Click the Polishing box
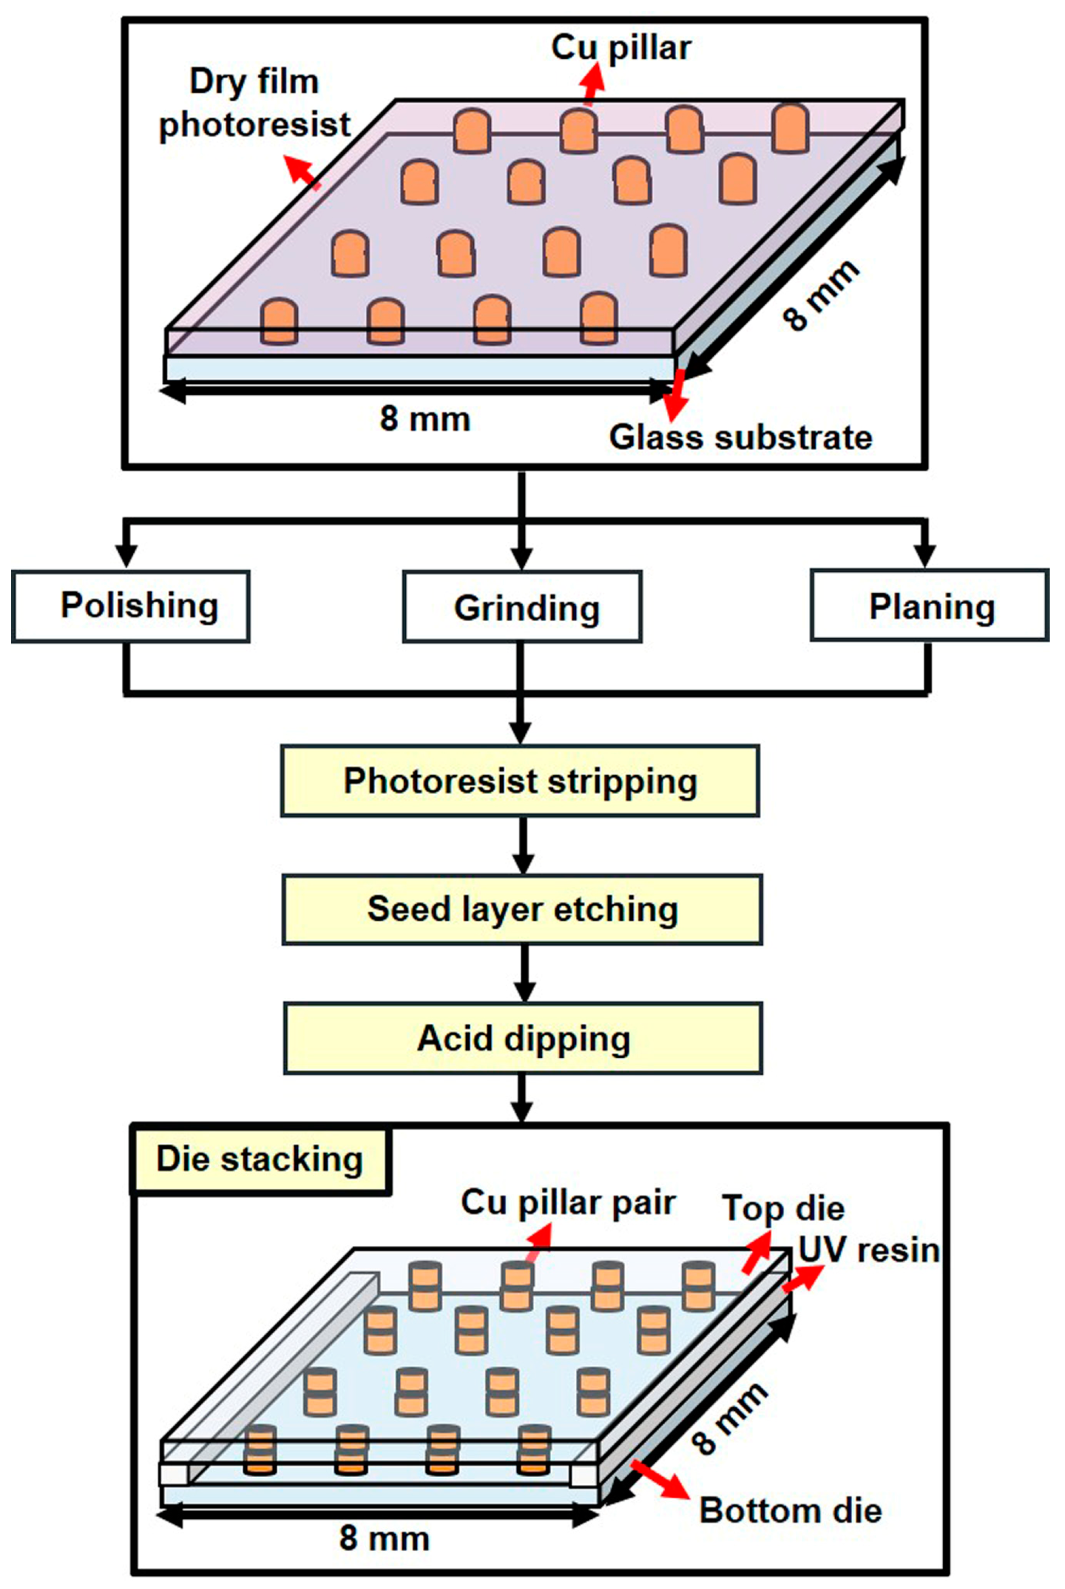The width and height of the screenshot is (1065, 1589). [x=131, y=606]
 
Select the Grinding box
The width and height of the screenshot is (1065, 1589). [x=522, y=606]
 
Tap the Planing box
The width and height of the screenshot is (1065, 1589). [x=930, y=605]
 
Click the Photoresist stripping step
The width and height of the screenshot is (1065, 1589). [x=520, y=780]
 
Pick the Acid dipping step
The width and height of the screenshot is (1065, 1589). [x=523, y=1038]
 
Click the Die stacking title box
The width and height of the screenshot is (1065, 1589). [x=260, y=1161]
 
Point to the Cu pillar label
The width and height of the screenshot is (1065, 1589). [x=621, y=48]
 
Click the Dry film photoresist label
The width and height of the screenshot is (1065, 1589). [x=254, y=103]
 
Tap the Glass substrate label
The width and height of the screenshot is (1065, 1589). [x=740, y=436]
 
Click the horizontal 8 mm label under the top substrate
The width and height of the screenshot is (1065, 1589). [x=424, y=418]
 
